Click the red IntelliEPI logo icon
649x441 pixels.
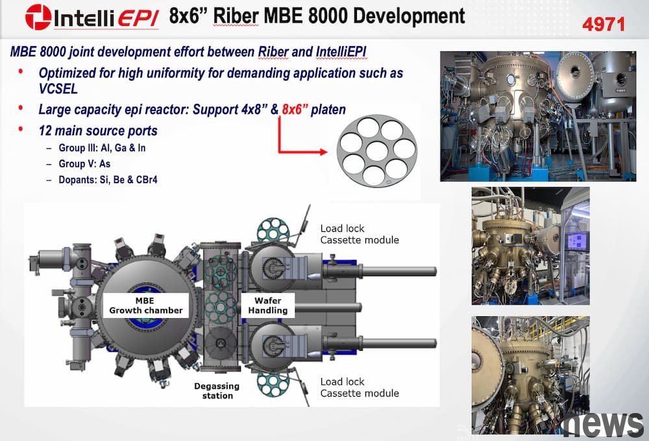pyautogui.click(x=38, y=17)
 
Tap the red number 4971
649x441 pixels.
pyautogui.click(x=603, y=25)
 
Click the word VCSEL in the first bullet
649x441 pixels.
pyautogui.click(x=58, y=88)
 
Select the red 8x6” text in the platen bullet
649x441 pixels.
pyautogui.click(x=295, y=109)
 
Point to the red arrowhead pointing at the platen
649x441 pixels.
pyautogui.click(x=323, y=152)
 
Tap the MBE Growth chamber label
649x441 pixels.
pyautogui.click(x=145, y=306)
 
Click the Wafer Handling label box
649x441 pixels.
pyautogui.click(x=268, y=306)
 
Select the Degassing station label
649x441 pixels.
pyautogui.click(x=217, y=390)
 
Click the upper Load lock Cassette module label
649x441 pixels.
pyautogui.click(x=360, y=234)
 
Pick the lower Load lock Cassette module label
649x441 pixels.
pyautogui.click(x=360, y=387)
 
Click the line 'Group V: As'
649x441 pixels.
pyautogui.click(x=84, y=164)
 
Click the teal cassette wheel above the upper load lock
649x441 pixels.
pyautogui.click(x=274, y=231)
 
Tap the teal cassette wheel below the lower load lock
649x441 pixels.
pyautogui.click(x=273, y=383)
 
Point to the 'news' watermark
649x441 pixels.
pyautogui.click(x=604, y=424)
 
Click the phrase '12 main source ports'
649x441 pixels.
pyautogui.click(x=98, y=131)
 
